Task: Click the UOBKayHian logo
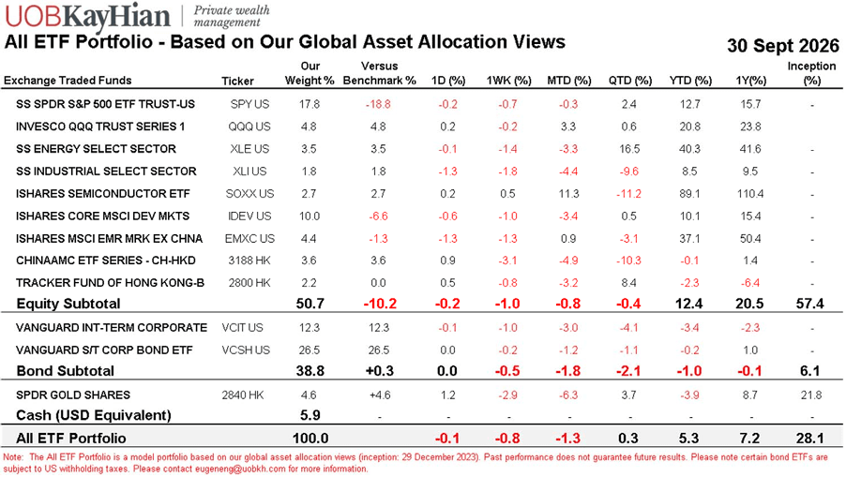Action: pyautogui.click(x=86, y=16)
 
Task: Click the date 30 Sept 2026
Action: pyautogui.click(x=783, y=45)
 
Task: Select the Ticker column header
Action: pyautogui.click(x=237, y=81)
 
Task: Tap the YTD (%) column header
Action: pyautogui.click(x=690, y=81)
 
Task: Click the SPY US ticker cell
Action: pyautogui.click(x=249, y=104)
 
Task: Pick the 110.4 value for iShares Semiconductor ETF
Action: pyautogui.click(x=750, y=193)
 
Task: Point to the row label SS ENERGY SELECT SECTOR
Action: pyautogui.click(x=96, y=149)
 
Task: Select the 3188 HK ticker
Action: pyautogui.click(x=249, y=261)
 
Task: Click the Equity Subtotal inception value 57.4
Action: pyautogui.click(x=809, y=304)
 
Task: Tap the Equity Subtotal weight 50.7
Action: pyautogui.click(x=310, y=304)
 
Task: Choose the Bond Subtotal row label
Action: pyautogui.click(x=66, y=371)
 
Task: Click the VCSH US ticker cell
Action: pyautogui.click(x=246, y=350)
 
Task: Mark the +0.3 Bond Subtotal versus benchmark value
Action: pyautogui.click(x=379, y=371)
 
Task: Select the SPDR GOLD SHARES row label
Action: pyautogui.click(x=73, y=395)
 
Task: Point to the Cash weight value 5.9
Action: pyautogui.click(x=310, y=415)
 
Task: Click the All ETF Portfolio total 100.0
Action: pyautogui.click(x=310, y=439)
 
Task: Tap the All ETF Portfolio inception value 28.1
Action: pyautogui.click(x=809, y=439)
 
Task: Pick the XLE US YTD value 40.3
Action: pyautogui.click(x=690, y=149)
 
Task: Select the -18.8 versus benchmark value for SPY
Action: pyautogui.click(x=378, y=104)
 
